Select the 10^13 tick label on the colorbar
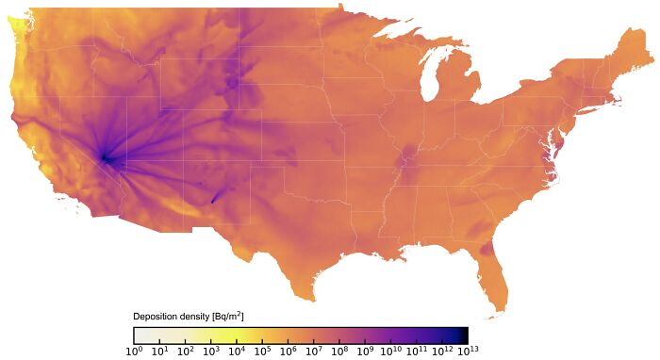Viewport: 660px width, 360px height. [468, 352]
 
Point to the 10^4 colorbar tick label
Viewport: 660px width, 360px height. [237, 352]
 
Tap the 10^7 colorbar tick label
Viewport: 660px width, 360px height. [314, 352]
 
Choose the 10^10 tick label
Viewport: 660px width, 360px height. [390, 352]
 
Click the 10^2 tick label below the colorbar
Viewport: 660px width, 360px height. [186, 352]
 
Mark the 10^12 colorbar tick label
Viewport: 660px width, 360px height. [442, 352]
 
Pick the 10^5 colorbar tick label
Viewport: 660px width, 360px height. [262, 352]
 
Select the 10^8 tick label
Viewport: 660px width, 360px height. [339, 352]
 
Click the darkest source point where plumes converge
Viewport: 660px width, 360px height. [105, 158]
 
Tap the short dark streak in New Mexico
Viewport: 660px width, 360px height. [216, 197]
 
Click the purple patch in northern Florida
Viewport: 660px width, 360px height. [486, 249]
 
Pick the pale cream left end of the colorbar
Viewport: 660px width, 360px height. [138, 335]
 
